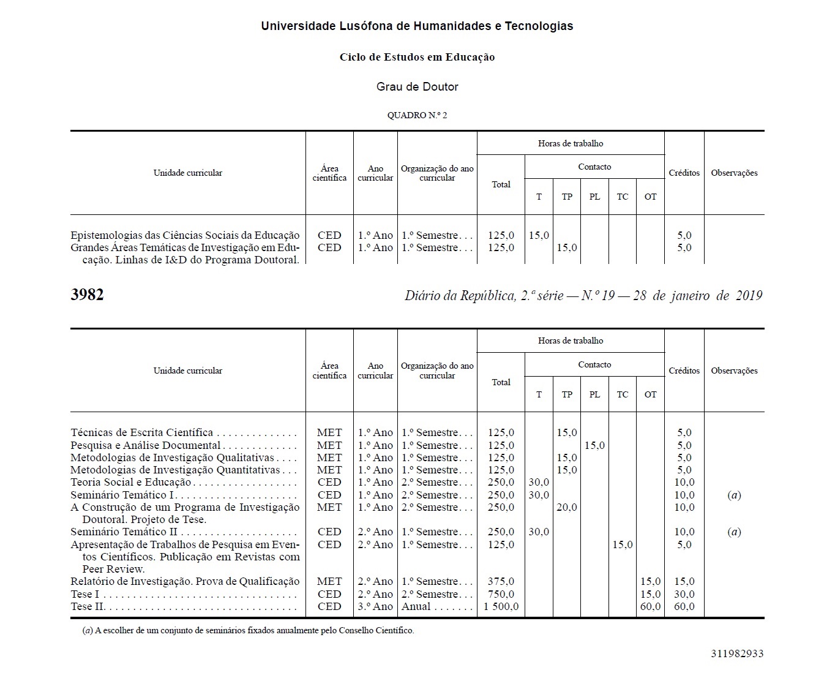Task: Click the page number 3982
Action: tap(87, 295)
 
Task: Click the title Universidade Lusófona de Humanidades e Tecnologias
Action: tap(417, 26)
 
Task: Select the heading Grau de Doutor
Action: tap(417, 87)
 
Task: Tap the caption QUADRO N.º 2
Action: tap(417, 115)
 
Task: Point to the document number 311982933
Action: tap(737, 653)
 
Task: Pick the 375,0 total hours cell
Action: tap(501, 581)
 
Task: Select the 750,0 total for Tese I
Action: tap(501, 594)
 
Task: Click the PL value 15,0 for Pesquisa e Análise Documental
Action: tap(594, 445)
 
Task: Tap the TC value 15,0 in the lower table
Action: tap(623, 544)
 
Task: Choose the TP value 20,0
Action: tap(567, 507)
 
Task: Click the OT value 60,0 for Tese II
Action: tap(650, 606)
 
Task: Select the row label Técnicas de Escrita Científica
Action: tap(142, 432)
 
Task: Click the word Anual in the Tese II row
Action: tap(416, 606)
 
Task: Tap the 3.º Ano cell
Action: tap(375, 606)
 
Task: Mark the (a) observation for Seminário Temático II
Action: tap(734, 532)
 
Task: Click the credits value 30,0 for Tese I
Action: tap(684, 594)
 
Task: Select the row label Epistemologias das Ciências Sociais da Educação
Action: tap(185, 235)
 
